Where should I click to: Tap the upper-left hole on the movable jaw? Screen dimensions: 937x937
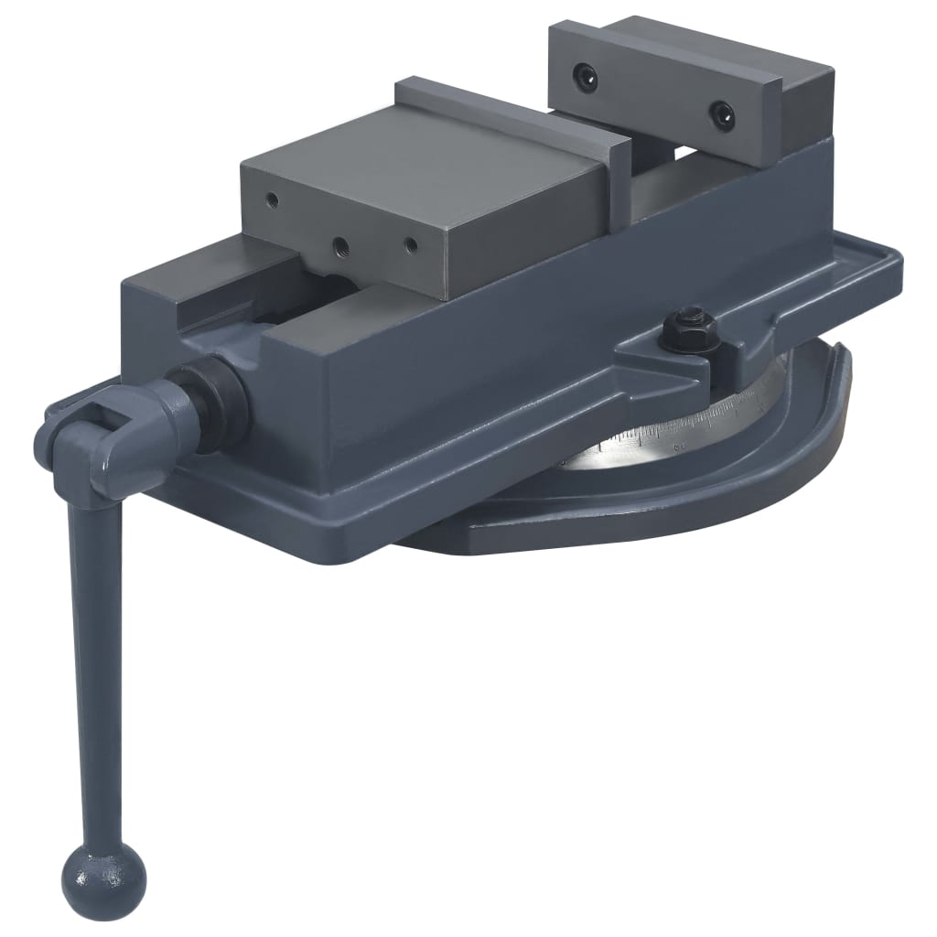(271, 198)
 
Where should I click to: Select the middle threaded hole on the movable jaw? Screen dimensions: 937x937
(340, 245)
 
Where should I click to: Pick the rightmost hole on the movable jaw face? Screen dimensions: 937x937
(411, 245)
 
